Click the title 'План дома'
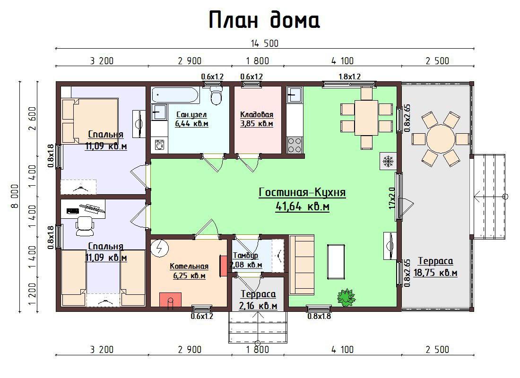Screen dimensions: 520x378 (264, 20)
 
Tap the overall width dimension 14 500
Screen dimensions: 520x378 (264, 43)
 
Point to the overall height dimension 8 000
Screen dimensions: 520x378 (15, 196)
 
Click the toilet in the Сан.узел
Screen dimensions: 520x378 (216, 94)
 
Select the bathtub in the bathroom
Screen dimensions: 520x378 (175, 95)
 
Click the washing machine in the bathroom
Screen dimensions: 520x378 (159, 145)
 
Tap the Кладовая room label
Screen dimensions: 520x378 (257, 115)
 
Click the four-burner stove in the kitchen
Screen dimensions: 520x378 (295, 145)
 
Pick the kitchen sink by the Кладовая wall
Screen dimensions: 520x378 (294, 95)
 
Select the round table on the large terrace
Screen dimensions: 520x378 (441, 138)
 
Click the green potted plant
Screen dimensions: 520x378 (346, 297)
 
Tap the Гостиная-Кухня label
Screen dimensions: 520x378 (302, 192)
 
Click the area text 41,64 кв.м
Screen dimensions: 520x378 (303, 206)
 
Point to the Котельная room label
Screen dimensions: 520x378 (189, 266)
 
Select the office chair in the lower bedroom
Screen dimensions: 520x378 (85, 226)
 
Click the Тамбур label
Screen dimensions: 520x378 (246, 256)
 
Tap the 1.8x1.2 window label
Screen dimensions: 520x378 (349, 77)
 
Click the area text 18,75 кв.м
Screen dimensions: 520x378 (435, 273)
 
